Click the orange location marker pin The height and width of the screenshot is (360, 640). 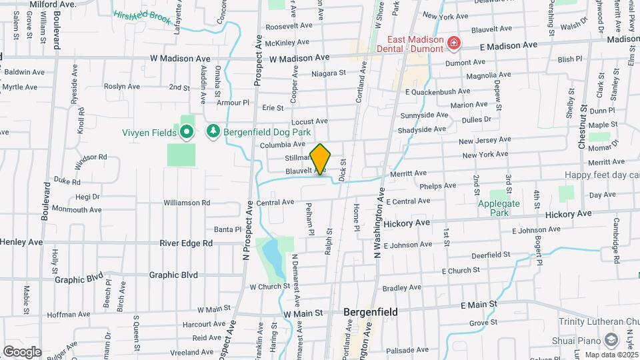tap(321, 159)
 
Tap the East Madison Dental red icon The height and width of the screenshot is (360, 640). tap(454, 44)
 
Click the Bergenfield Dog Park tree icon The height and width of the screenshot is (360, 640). tap(213, 132)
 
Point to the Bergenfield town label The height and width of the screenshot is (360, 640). tap(370, 311)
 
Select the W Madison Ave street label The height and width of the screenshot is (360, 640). tap(299, 58)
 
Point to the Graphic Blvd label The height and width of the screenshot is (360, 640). tap(173, 274)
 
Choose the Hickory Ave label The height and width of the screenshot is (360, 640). tap(568, 214)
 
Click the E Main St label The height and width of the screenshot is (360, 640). tap(479, 304)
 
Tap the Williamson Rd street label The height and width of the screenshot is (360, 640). tap(187, 202)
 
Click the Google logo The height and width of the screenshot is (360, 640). tap(22, 351)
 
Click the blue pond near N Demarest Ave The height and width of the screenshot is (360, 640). tap(271, 253)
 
